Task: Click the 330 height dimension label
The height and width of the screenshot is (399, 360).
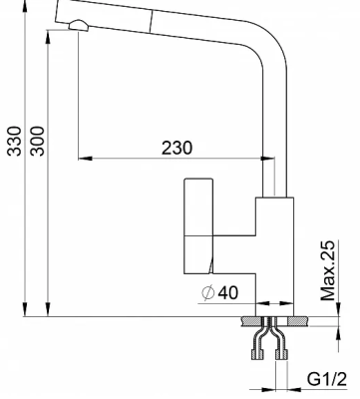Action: (x=15, y=141)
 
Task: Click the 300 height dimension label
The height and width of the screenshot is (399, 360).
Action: (x=37, y=141)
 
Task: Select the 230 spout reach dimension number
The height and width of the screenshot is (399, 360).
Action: (x=177, y=148)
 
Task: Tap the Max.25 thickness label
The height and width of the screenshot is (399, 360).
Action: (x=328, y=270)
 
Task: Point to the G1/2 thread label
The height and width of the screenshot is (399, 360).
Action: (x=327, y=379)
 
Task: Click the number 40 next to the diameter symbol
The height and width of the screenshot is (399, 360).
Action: (x=228, y=292)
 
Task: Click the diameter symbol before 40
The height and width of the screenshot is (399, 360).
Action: (x=207, y=293)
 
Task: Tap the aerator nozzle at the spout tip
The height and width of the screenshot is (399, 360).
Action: (x=79, y=26)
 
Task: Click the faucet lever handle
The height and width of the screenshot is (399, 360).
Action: (x=198, y=226)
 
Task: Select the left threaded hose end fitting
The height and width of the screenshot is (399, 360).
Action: (x=257, y=355)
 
